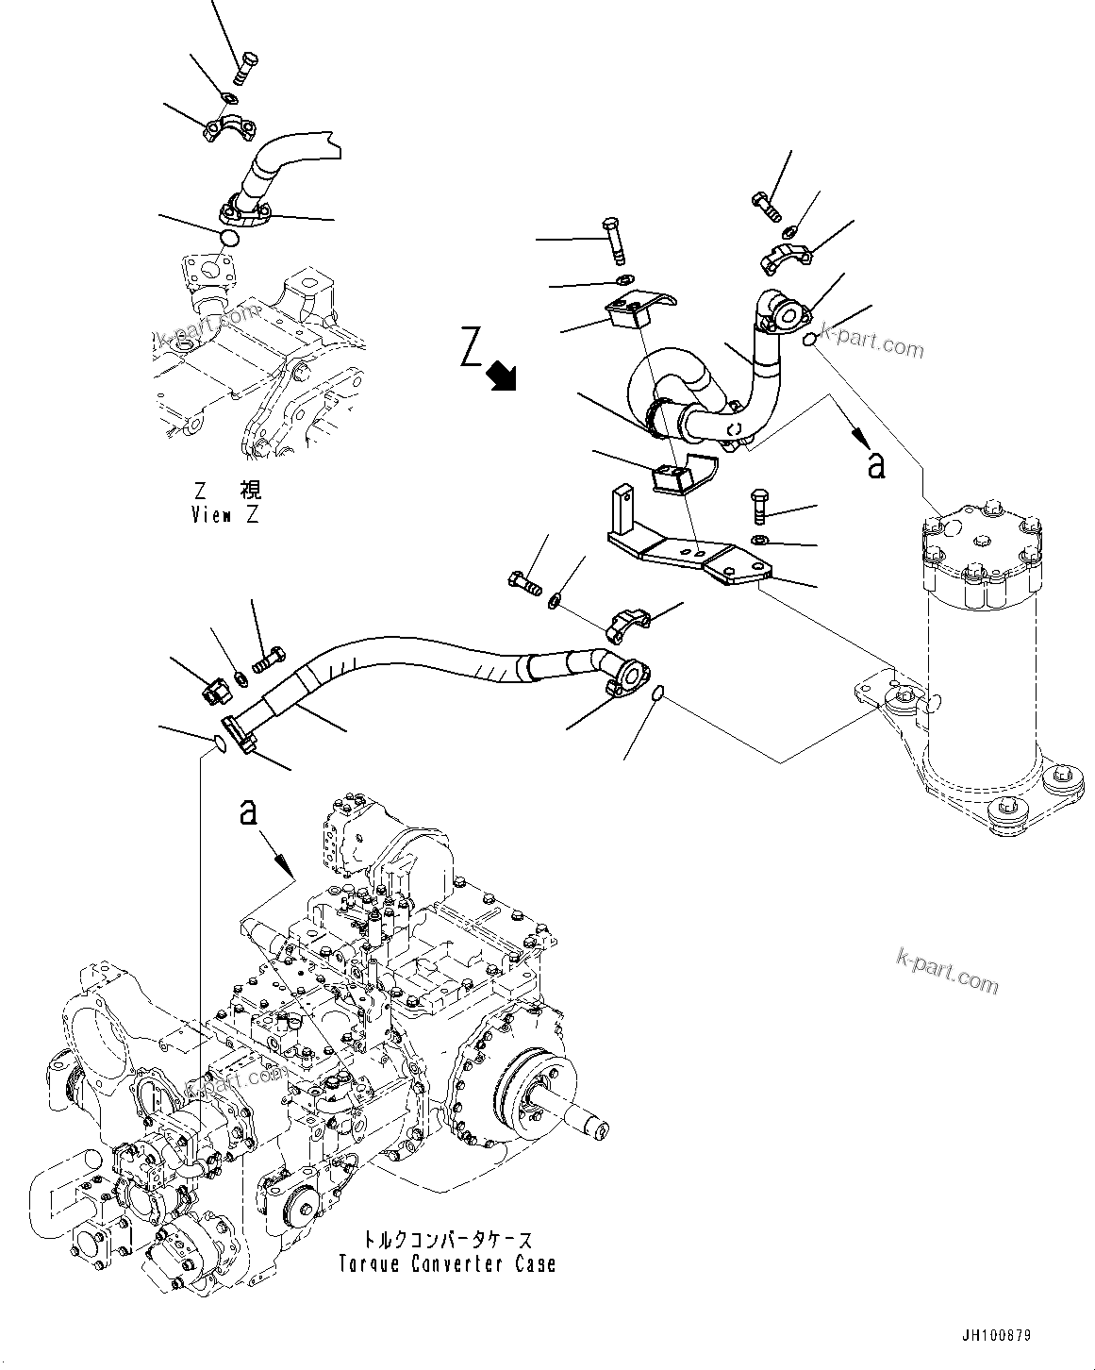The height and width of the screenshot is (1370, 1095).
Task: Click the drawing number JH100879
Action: click(x=996, y=1336)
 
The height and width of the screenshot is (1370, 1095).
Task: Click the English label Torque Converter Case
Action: click(x=447, y=1263)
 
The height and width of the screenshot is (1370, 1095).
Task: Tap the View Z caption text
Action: click(x=224, y=515)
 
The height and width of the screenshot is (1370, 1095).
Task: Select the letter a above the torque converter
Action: click(x=248, y=811)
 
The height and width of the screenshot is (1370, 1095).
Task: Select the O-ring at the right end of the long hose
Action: click(x=660, y=694)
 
